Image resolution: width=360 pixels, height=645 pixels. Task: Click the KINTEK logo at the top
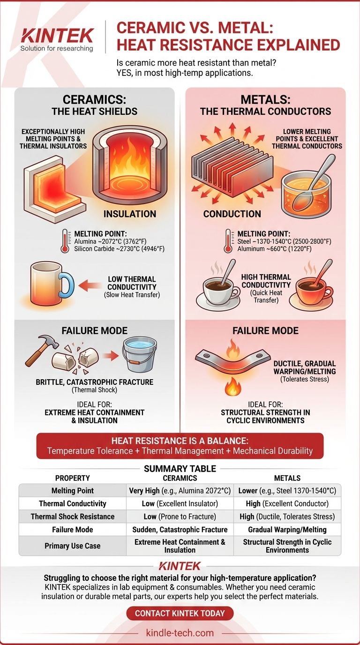57,36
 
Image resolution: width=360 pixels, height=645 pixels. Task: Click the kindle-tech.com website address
180,633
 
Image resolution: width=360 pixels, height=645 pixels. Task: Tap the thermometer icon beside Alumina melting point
65,241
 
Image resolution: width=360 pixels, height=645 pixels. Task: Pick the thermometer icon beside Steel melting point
228,241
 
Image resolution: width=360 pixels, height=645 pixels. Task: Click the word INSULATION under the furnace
130,214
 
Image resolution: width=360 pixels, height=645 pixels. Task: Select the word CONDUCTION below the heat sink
232,214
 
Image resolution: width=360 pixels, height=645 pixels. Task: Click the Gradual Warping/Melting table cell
287,530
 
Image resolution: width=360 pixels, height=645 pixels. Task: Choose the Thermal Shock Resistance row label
73,517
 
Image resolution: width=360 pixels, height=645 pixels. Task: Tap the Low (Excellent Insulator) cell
180,503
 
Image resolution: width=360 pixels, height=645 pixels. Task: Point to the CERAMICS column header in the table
180,478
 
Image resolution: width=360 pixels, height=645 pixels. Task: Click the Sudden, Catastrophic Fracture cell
180,530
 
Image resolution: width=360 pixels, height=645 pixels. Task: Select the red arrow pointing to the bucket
111,356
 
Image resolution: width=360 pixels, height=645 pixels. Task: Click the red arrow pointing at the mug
90,285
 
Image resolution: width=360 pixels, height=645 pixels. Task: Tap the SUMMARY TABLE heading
180,469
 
